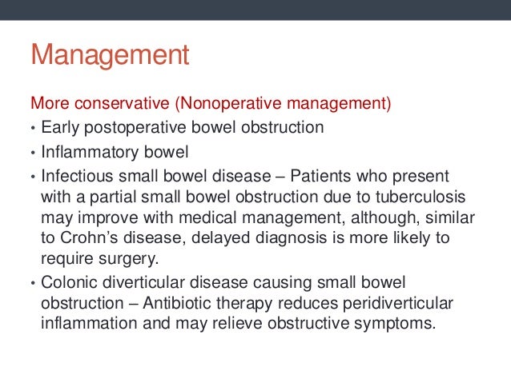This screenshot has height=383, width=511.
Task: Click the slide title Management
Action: point(110,56)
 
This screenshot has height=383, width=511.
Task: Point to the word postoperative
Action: point(129,127)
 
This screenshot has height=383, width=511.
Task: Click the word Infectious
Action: point(77,175)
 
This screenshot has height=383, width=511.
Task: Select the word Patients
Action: point(319,175)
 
